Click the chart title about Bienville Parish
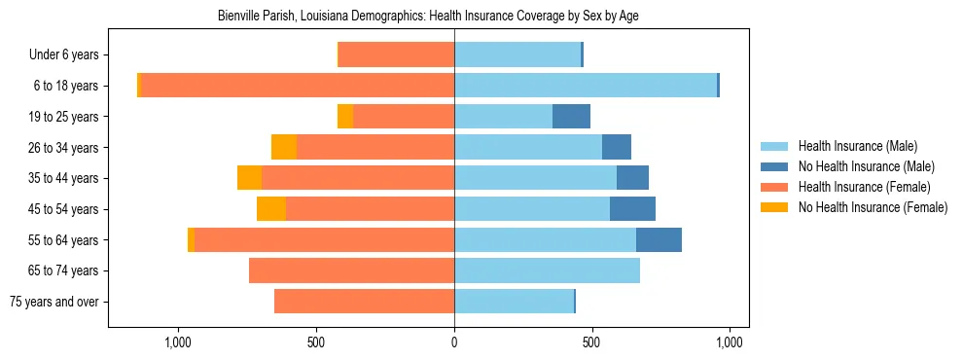(x=428, y=17)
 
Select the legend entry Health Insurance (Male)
(x=856, y=146)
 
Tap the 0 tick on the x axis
(x=454, y=342)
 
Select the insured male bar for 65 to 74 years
(x=547, y=270)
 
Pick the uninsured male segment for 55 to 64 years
(x=659, y=239)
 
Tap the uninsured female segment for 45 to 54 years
(x=271, y=209)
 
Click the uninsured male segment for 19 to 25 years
(x=571, y=117)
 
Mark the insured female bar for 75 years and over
(x=365, y=302)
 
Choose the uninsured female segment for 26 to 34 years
(x=284, y=147)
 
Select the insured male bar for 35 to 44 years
(x=535, y=178)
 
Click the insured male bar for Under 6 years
(x=517, y=54)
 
